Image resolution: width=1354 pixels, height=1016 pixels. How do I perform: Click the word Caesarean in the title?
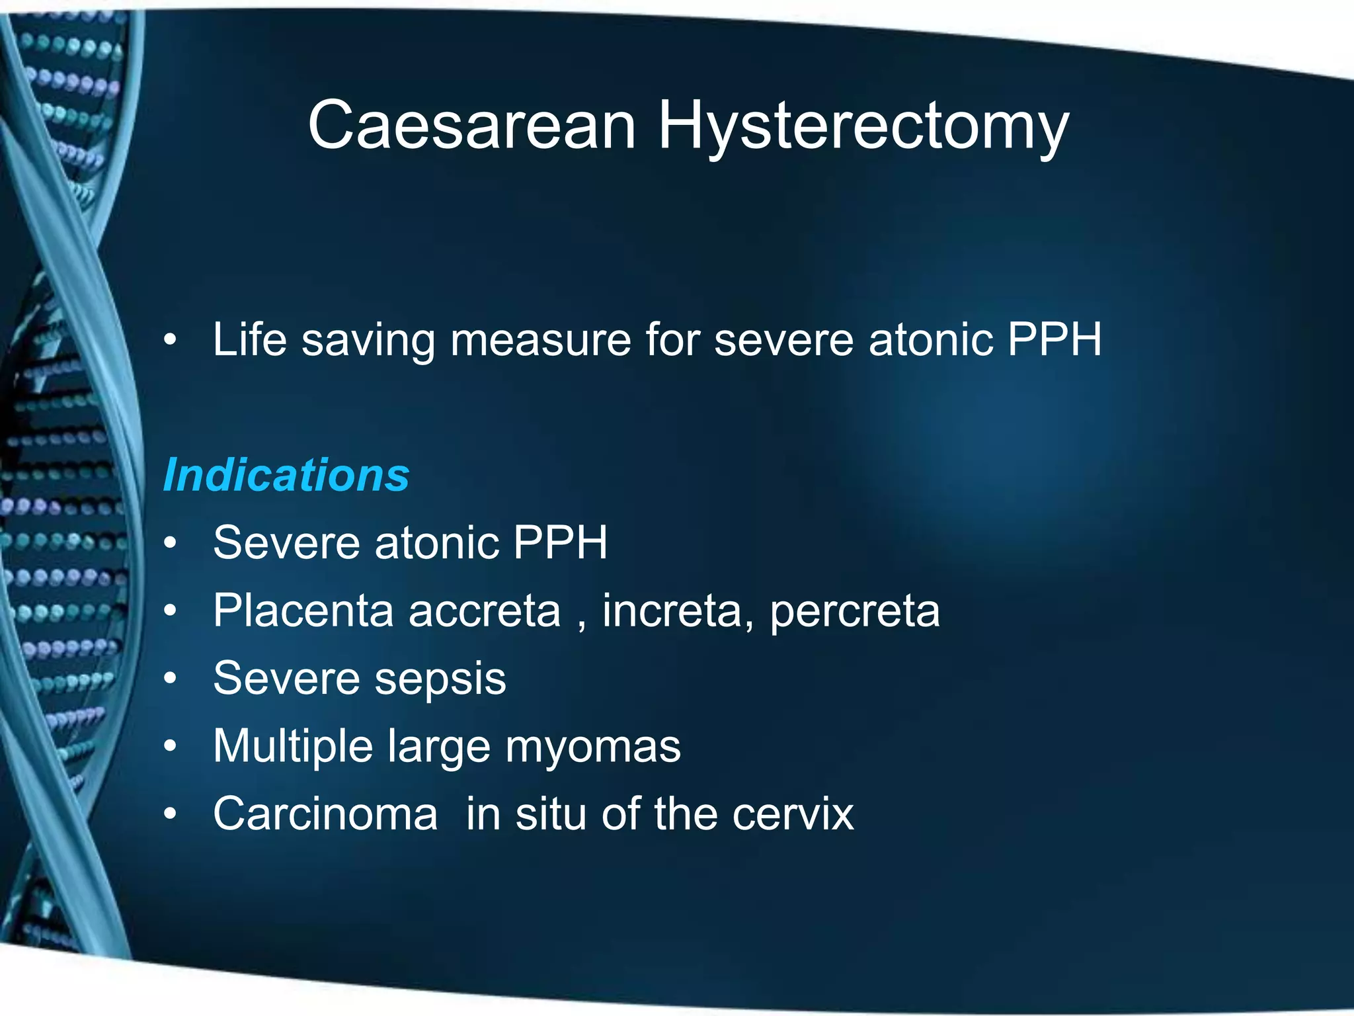point(471,126)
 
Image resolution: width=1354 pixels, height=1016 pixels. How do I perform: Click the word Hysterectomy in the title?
point(863,126)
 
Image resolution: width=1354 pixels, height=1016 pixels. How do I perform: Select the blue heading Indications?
point(286,475)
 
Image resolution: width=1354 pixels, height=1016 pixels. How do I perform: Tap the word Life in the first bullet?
point(249,339)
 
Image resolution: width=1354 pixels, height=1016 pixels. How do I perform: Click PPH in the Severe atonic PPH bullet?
point(559,542)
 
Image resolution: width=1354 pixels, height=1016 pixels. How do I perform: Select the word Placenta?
point(303,610)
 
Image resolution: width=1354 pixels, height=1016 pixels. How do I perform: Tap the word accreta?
point(484,611)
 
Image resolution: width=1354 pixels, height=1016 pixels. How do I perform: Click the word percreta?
point(854,611)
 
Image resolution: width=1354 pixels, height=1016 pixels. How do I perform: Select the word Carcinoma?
point(325,814)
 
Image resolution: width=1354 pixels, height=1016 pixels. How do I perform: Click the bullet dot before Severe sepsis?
point(171,679)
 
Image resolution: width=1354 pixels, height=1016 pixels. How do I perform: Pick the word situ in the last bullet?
point(550,814)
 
